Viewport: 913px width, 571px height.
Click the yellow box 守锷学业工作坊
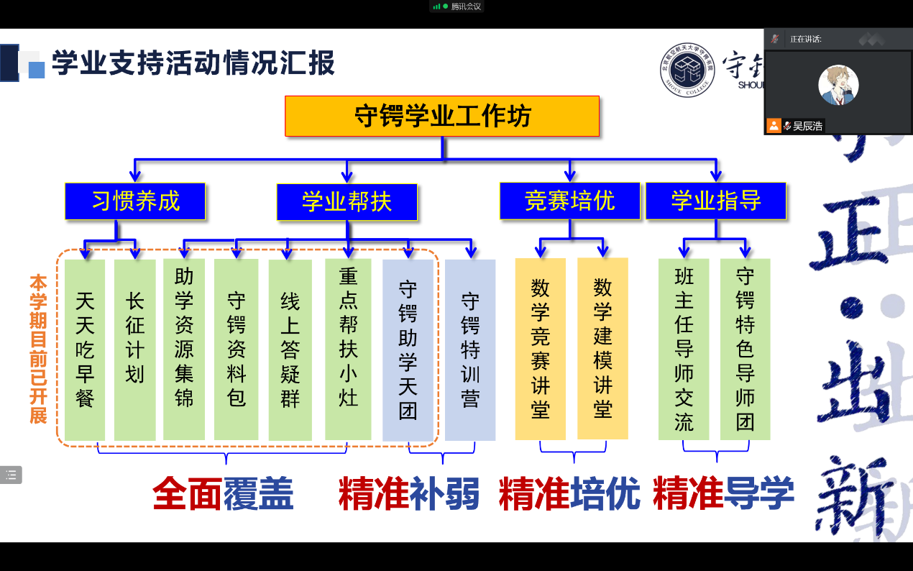442,116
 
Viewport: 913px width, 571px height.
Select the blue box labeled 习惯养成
135,201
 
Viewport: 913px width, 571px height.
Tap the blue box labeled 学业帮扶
347,202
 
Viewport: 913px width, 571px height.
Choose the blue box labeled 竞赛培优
569,201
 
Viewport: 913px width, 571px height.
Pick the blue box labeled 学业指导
715,201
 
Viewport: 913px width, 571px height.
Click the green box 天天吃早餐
85,350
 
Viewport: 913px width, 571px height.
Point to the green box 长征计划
135,350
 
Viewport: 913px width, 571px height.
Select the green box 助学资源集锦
184,350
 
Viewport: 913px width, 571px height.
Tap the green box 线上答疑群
290,350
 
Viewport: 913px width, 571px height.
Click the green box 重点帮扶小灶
348,350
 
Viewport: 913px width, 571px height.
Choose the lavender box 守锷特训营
470,350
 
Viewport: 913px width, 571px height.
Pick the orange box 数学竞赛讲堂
540,349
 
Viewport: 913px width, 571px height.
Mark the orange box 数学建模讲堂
602,349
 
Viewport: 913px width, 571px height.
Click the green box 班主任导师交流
684,349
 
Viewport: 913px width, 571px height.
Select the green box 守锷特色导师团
745,349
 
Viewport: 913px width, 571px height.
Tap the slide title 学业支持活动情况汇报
193,63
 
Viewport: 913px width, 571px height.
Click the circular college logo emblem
688,70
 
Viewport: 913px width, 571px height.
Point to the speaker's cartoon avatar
838,84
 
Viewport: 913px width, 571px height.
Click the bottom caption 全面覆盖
223,494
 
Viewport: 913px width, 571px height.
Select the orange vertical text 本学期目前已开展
37,349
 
